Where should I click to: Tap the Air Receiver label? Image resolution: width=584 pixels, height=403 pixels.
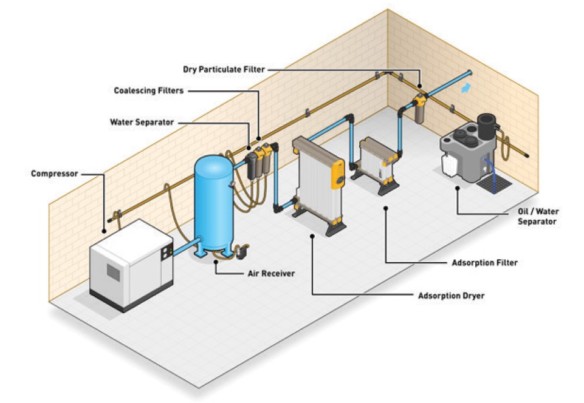pos(270,274)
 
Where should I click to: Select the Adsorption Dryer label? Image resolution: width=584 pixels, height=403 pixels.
pos(451,296)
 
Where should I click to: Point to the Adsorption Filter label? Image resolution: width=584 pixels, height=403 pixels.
pos(484,263)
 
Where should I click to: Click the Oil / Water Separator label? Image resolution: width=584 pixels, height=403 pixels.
pos(537,216)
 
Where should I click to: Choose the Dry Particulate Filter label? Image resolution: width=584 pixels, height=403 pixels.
pos(224,69)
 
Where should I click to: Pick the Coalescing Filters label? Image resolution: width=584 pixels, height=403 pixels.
pos(148,90)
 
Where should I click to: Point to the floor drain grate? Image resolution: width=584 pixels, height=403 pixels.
pos(494,181)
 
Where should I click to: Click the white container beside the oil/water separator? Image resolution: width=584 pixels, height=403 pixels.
pos(450,164)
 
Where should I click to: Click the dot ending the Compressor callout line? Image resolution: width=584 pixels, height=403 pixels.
pos(105,230)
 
